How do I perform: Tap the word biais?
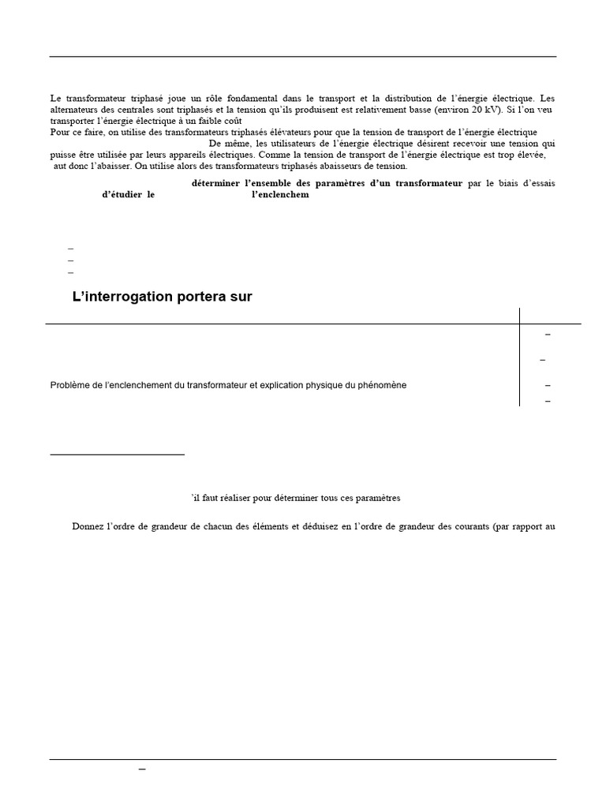[x=501, y=183]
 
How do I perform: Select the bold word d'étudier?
[x=122, y=195]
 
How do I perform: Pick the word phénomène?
[x=381, y=385]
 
